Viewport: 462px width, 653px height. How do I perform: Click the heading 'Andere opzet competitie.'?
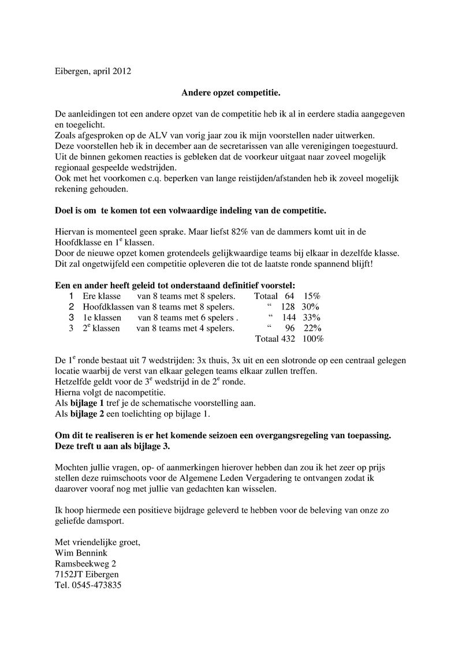point(231,92)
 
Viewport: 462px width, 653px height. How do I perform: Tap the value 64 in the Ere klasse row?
point(289,296)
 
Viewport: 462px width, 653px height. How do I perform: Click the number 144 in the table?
point(288,318)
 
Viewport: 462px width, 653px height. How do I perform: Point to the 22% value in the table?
point(312,328)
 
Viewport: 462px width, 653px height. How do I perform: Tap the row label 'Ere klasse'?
point(102,296)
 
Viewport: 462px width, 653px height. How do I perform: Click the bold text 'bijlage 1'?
point(88,403)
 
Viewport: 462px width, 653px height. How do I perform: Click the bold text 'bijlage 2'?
point(88,414)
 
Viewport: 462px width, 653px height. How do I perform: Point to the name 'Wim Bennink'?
point(81,553)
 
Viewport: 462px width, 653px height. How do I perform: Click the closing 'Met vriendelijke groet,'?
point(98,543)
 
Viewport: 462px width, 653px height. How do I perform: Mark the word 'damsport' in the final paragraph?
point(106,521)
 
